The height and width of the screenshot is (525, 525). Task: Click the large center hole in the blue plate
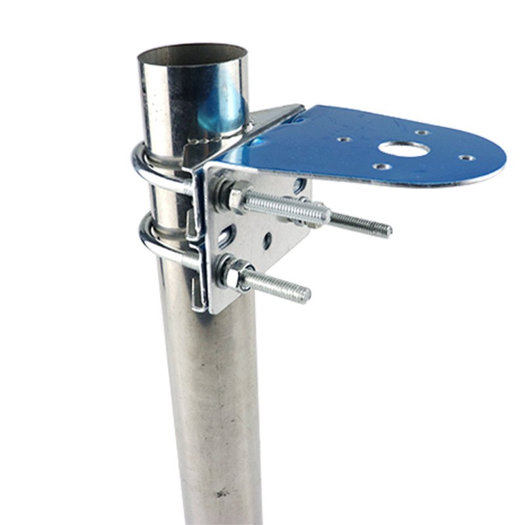(404, 149)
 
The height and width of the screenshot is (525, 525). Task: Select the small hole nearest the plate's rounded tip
(466, 158)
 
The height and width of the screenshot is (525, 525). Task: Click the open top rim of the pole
(192, 51)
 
